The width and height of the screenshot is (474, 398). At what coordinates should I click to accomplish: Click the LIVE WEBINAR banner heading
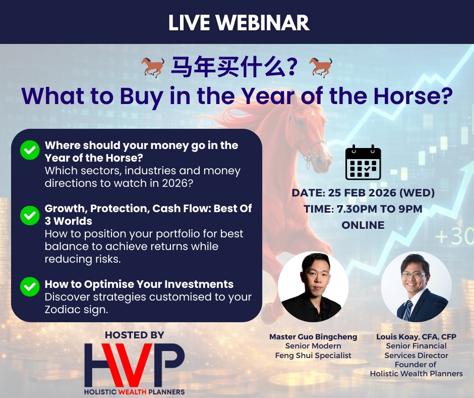[x=239, y=23]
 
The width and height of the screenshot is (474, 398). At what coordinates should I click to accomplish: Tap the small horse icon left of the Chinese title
[x=153, y=67]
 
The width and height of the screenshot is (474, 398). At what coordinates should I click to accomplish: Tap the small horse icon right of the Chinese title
[x=321, y=67]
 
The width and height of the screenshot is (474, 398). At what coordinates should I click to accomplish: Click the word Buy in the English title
[x=142, y=96]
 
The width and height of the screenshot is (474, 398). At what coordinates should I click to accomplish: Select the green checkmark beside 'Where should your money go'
[x=30, y=150]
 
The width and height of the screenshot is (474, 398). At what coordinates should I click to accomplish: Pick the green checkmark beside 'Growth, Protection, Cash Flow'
[x=30, y=215]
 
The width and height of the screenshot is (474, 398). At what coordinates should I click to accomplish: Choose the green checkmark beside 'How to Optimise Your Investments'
[x=30, y=286]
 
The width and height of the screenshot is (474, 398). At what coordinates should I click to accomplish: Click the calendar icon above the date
[x=363, y=162]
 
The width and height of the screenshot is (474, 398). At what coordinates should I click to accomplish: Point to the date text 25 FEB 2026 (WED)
[x=381, y=192]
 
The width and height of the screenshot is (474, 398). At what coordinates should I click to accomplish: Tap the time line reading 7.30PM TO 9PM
[x=379, y=209]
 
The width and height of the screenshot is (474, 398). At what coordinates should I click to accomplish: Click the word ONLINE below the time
[x=363, y=225]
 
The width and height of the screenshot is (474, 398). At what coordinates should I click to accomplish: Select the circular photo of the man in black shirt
[x=313, y=286]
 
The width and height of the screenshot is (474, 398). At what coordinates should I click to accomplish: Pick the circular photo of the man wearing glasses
[x=416, y=286]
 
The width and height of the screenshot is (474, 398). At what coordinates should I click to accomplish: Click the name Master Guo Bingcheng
[x=313, y=337]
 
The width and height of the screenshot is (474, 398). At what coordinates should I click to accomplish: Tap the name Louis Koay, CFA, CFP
[x=416, y=337]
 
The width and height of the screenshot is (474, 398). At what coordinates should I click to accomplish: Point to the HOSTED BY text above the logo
[x=135, y=335]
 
